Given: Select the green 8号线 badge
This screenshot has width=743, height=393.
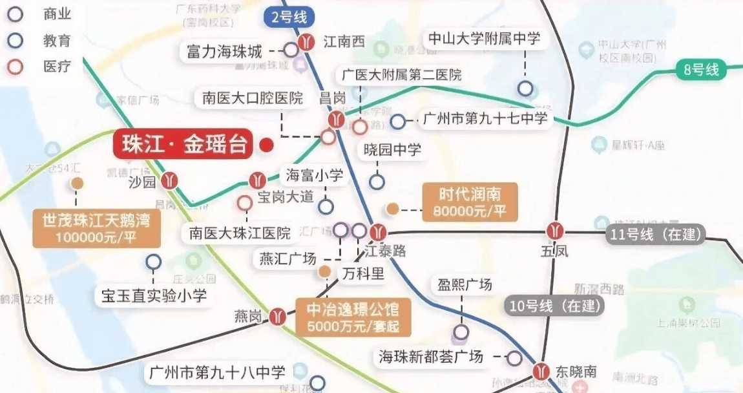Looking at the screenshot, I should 702,70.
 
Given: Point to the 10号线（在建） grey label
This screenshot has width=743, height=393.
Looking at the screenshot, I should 554,306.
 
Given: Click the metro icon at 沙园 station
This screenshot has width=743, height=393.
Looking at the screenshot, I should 171,181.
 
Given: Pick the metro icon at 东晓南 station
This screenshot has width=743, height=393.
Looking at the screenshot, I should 541,372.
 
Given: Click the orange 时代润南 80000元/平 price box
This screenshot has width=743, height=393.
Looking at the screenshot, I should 470,202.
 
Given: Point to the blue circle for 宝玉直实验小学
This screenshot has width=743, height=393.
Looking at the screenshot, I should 153,262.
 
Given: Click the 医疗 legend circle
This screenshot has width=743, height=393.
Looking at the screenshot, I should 14,66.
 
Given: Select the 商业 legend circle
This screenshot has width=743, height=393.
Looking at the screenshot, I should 14,14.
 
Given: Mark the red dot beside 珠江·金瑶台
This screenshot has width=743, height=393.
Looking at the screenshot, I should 266,145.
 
